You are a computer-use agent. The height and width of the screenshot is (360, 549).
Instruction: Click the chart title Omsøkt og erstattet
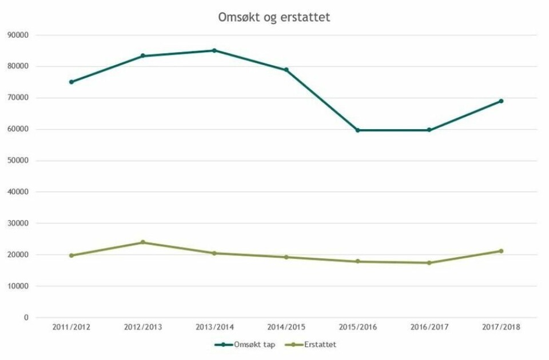(x=274, y=17)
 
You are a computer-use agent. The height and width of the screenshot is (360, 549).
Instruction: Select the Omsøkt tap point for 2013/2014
(x=214, y=50)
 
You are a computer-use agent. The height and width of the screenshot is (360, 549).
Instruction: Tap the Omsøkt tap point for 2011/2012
(x=71, y=82)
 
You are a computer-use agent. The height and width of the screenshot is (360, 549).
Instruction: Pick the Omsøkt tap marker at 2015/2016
(x=358, y=130)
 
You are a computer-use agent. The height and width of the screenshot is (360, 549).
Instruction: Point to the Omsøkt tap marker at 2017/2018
(x=502, y=101)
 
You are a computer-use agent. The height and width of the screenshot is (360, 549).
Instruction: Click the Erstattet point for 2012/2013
(x=143, y=242)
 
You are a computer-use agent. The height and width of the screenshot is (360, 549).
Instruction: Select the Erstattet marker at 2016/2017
(x=429, y=263)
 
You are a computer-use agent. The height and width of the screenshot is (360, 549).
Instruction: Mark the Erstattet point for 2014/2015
(x=287, y=257)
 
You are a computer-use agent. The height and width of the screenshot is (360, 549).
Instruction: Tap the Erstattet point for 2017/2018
(x=502, y=251)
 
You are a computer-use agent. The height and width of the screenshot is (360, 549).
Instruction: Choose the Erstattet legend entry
(x=315, y=345)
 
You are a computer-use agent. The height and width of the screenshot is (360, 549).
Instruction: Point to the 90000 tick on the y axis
(x=18, y=35)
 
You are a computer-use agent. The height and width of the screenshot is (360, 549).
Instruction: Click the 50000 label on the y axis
(x=18, y=161)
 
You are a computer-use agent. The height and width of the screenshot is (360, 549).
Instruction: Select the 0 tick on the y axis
(x=26, y=318)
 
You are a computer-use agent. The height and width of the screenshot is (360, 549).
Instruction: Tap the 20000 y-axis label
(x=18, y=255)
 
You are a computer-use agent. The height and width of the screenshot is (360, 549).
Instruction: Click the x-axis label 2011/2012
(x=71, y=327)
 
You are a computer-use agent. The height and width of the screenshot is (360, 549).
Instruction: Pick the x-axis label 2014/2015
(x=287, y=327)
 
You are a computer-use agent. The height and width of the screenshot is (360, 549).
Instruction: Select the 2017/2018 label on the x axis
(x=502, y=327)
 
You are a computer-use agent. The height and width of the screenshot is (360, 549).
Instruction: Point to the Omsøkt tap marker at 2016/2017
(x=429, y=130)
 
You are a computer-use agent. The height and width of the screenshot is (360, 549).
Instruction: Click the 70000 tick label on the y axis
(x=18, y=98)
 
